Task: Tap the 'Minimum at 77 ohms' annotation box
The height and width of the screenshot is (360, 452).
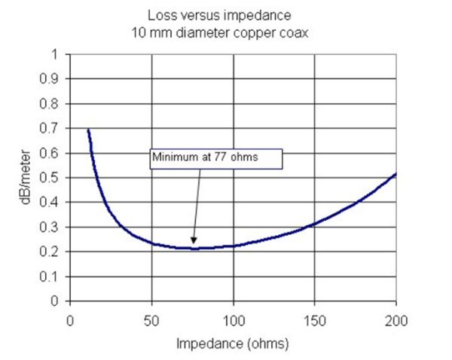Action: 216,158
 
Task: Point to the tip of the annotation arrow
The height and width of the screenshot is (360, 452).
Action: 194,245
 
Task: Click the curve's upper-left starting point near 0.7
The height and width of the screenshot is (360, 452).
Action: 88,130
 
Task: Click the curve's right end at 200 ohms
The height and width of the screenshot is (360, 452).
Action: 395,174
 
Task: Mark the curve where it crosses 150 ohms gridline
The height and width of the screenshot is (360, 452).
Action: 314,223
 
